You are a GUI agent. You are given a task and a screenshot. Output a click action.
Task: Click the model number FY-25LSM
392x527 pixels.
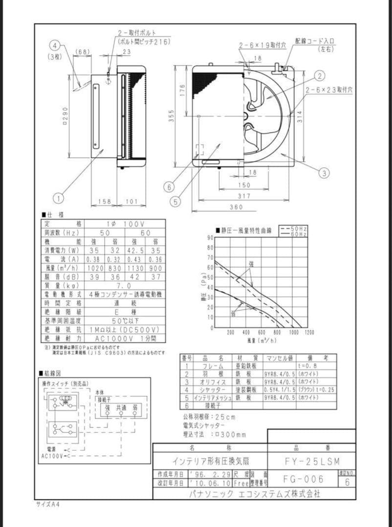[x=312, y=461]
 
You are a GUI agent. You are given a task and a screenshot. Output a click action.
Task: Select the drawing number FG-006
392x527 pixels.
[x=304, y=479]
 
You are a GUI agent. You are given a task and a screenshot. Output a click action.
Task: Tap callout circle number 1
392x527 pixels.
[x=59, y=198]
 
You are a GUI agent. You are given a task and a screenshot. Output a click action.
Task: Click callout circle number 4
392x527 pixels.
[x=56, y=45]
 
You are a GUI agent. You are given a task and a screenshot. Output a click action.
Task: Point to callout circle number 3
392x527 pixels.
[x=324, y=172]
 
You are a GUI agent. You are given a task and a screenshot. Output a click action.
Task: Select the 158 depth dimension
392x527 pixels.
[x=103, y=201]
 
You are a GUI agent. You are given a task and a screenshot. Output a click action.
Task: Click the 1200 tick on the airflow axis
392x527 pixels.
[x=309, y=332]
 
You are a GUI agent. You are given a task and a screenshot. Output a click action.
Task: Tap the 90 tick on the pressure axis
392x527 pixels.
[x=210, y=238]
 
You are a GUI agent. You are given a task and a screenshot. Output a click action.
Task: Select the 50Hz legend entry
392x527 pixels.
[x=293, y=228]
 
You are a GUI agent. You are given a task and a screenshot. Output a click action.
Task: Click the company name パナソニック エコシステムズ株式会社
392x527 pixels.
[x=254, y=493]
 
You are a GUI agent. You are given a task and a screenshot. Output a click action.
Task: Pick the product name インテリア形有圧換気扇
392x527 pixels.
[x=210, y=461]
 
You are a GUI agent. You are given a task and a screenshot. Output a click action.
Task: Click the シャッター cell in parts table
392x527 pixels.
[x=213, y=390]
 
